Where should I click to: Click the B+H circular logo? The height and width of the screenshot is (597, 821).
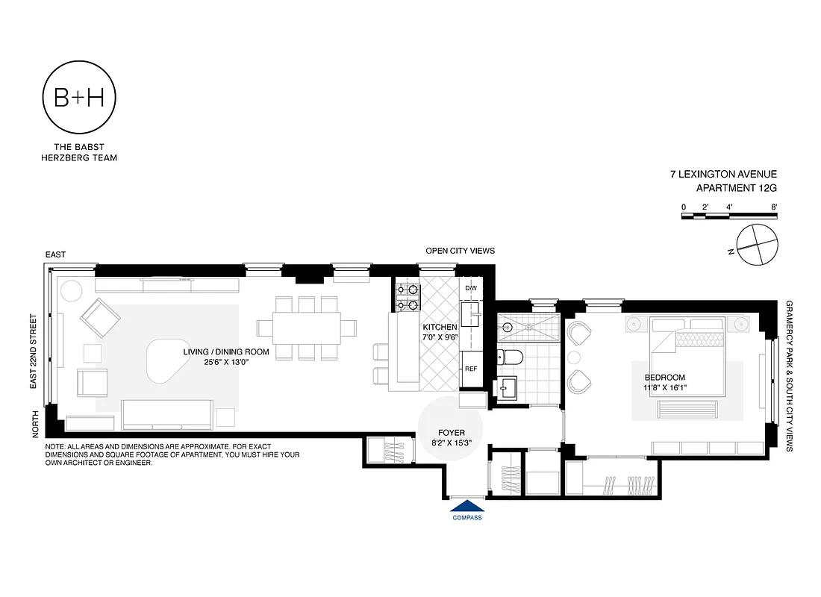point(79,98)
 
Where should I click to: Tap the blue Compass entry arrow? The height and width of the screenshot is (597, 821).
point(467,507)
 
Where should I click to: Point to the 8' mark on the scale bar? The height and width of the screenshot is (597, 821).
point(774,207)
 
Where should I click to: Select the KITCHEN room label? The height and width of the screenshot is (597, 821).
point(440,328)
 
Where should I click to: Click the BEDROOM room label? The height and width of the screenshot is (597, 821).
point(666,378)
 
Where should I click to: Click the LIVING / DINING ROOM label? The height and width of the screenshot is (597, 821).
point(216,351)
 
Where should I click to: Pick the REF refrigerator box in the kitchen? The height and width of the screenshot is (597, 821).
point(471,369)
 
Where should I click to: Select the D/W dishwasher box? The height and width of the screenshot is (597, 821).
point(470,288)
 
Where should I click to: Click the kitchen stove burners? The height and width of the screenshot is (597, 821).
point(407,297)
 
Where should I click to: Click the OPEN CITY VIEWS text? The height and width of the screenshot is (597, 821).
point(460,251)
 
